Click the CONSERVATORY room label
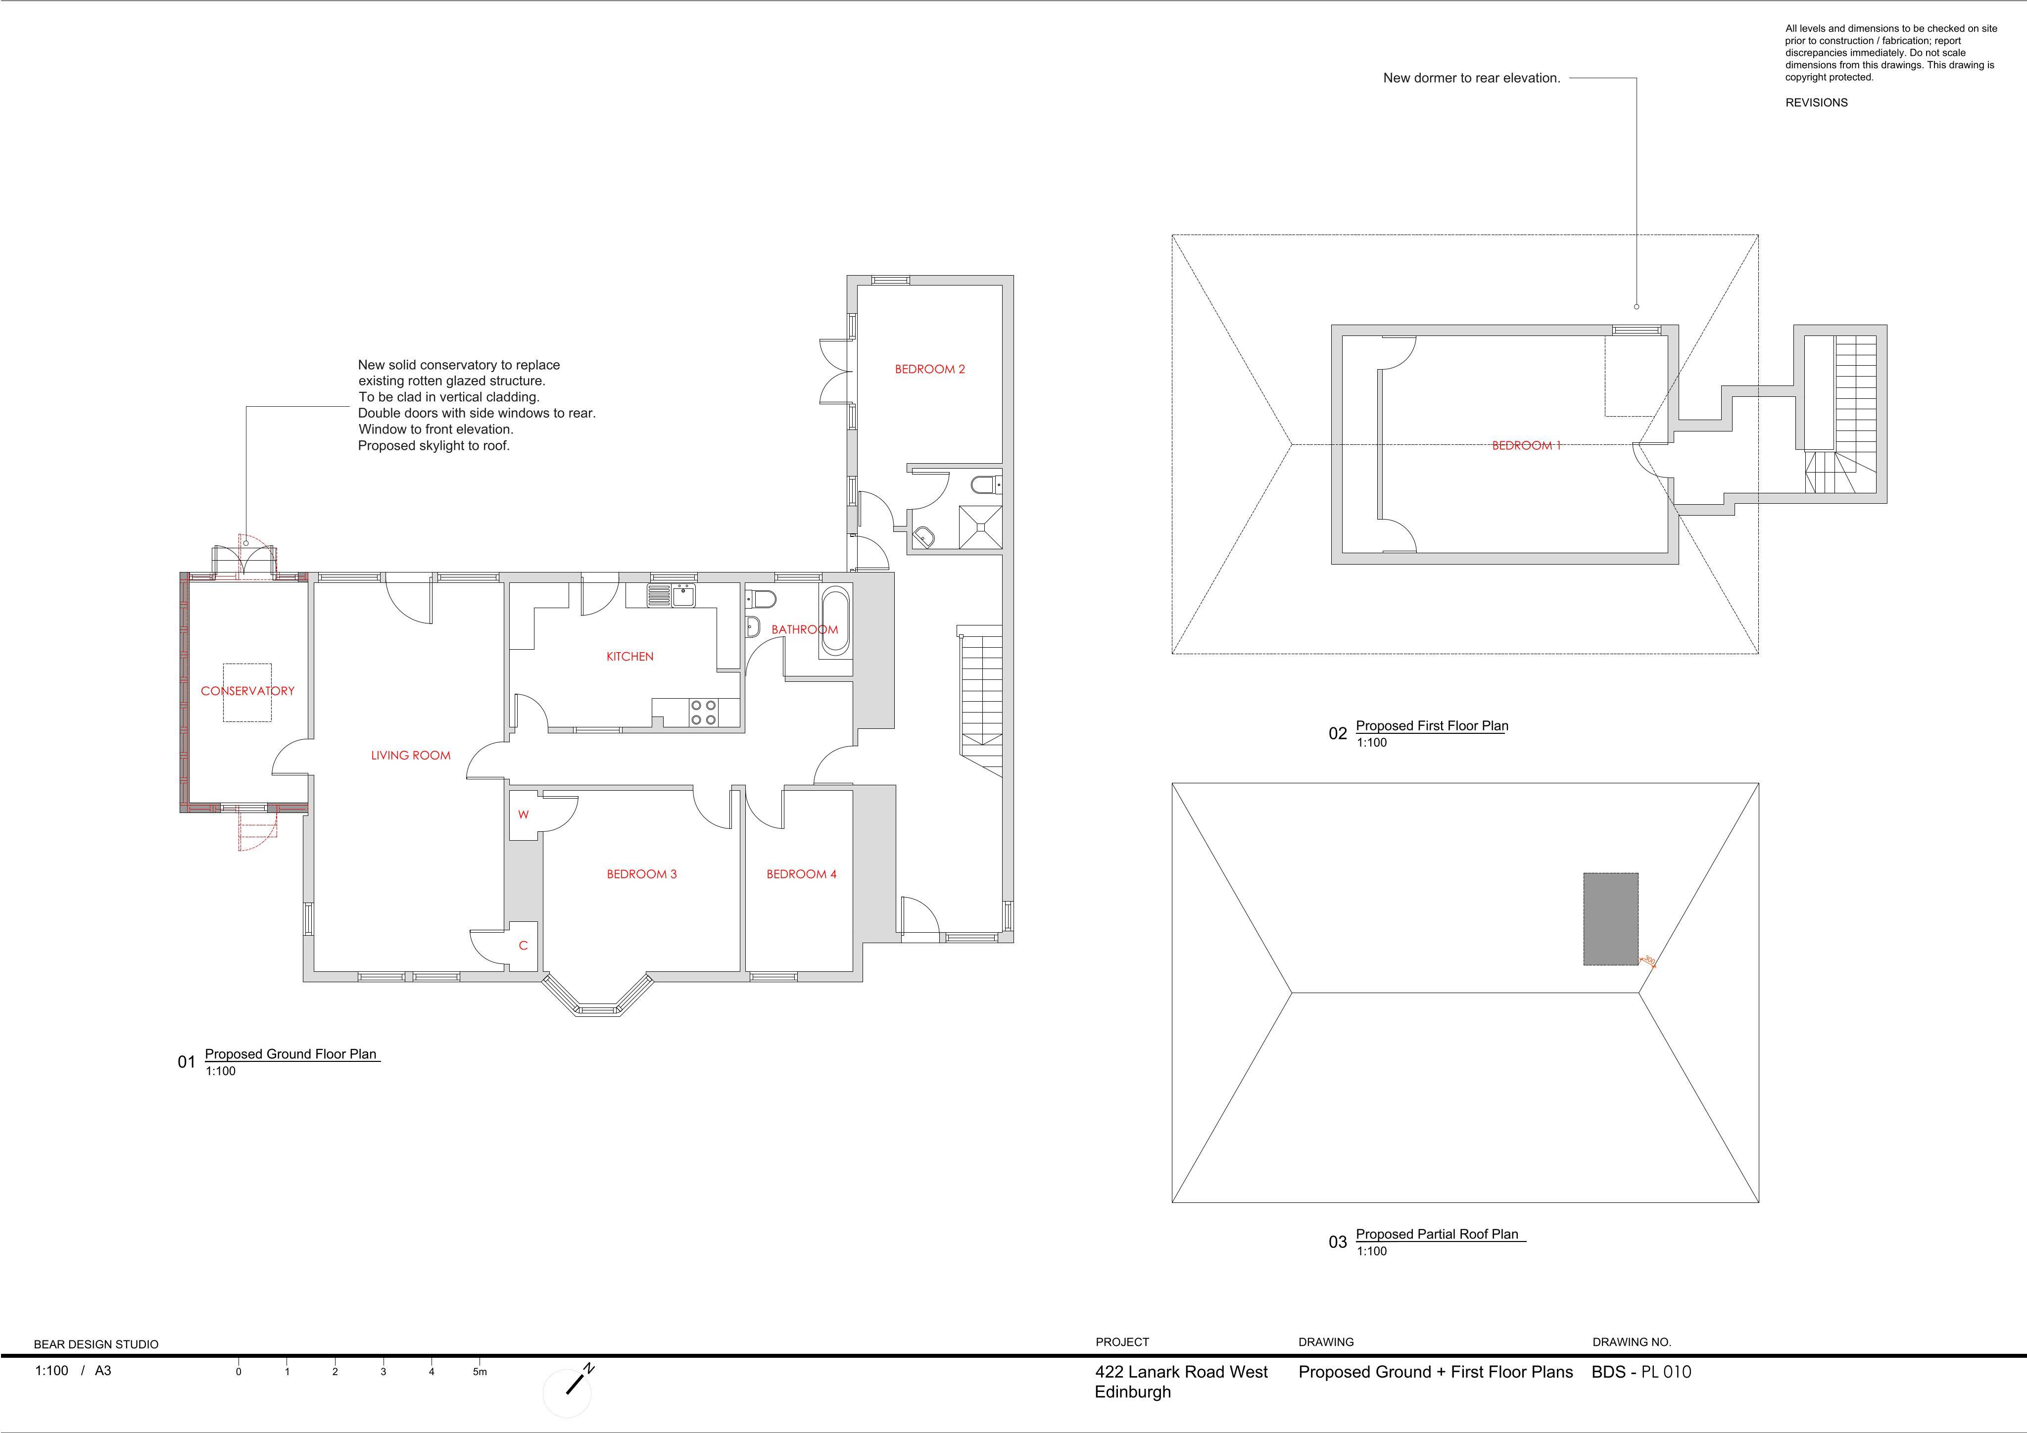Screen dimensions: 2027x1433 coord(247,690)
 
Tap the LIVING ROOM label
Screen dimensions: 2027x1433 coord(411,755)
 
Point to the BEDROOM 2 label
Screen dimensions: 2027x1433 coord(930,369)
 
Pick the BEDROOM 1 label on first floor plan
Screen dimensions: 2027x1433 coord(1526,445)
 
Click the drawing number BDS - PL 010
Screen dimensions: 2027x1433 coord(1641,1372)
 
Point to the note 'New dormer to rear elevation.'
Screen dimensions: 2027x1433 coord(1472,78)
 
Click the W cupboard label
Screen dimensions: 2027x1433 coord(524,814)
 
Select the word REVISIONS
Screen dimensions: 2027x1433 coord(1816,102)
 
